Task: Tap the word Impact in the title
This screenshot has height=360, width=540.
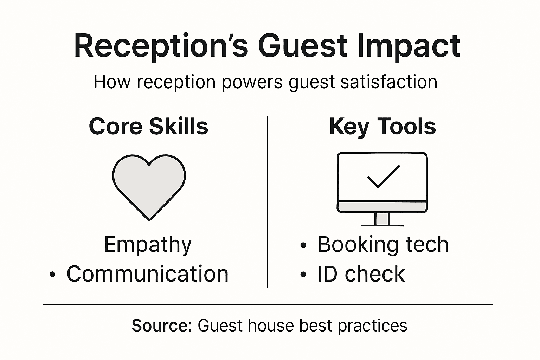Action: [409, 46]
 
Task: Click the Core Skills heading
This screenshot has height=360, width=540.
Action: [148, 126]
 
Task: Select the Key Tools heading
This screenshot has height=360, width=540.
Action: [382, 127]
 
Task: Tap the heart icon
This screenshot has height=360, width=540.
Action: [149, 185]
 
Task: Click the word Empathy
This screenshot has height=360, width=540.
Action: [148, 245]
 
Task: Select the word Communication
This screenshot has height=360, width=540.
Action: [148, 274]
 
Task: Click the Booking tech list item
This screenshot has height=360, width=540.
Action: [383, 244]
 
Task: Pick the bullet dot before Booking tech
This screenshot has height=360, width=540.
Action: [303, 246]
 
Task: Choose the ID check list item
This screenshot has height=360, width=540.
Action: [361, 274]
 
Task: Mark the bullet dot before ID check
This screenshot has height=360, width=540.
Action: [303, 275]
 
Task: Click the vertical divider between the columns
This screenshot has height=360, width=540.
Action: [267, 202]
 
